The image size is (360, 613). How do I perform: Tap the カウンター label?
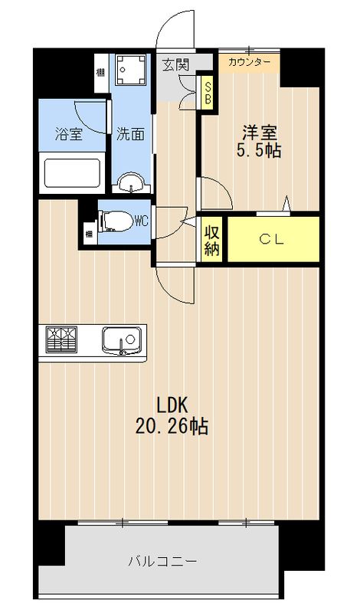pos(249,62)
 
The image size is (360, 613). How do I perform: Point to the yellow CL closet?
pos(273,239)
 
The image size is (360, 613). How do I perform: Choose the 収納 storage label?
pos(212,239)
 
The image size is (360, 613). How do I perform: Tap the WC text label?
pos(140,222)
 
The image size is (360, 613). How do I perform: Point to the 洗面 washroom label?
pos(130,135)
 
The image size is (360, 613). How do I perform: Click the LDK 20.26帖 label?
pos(173,415)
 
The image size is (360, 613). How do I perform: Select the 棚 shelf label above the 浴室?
pos(101,74)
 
